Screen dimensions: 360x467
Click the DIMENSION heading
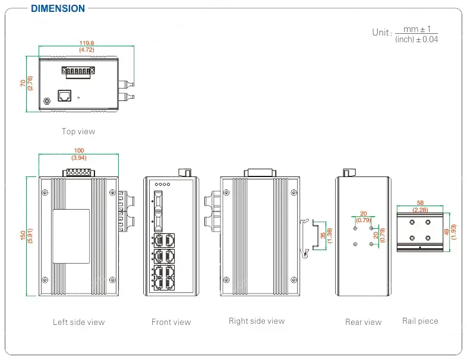pos(58,9)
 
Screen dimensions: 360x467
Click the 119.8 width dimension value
pos(87,43)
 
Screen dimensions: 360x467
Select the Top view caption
pos(78,131)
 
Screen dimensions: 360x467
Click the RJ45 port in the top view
pos(64,95)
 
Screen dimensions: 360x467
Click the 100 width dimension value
pos(78,151)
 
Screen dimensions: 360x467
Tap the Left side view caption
pos(78,322)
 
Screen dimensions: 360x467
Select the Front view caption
pos(171,322)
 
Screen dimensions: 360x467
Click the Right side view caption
pos(257,321)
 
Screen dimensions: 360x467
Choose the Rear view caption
pos(363,322)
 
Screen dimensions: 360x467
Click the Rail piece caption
pos(420,321)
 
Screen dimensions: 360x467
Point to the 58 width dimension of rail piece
pos(420,203)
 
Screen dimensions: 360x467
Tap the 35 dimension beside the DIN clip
pos(323,236)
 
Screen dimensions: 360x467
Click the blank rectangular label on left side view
pos(71,236)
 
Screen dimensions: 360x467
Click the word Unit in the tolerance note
pos(381,32)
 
